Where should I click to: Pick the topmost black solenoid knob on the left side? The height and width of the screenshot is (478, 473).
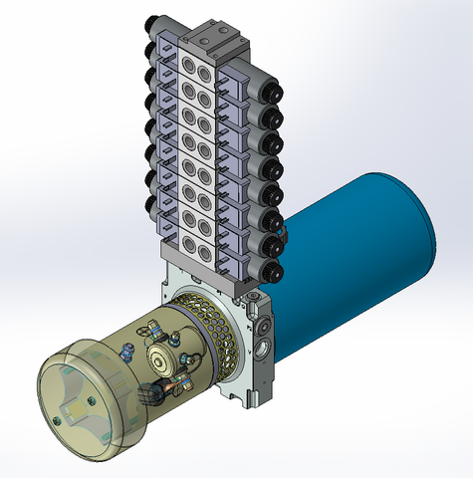click(150, 26)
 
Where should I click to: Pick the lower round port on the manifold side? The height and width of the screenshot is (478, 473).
click(262, 351)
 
